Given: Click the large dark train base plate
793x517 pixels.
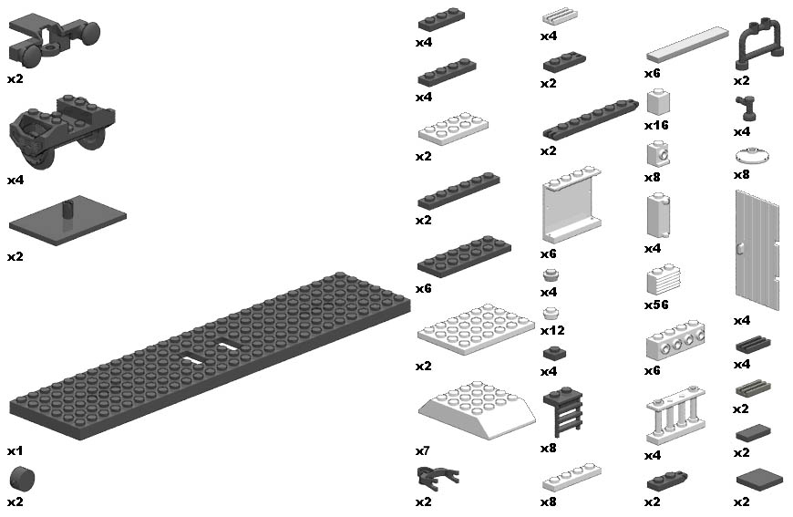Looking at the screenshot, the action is coord(210,357).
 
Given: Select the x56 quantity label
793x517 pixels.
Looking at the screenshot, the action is coord(656,305).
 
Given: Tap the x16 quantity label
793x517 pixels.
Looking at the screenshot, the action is coord(656,125).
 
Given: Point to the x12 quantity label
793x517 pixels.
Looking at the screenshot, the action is coord(552,330).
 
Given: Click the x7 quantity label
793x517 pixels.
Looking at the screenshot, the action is coord(423,450).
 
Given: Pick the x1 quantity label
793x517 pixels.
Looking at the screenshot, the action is coord(15,450).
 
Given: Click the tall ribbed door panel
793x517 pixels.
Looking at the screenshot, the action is coord(757,251).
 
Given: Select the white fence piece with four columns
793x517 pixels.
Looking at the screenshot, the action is coord(675,416).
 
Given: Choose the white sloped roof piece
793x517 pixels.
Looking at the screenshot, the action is coord(477,409).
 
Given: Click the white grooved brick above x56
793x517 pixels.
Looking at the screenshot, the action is coord(664,279).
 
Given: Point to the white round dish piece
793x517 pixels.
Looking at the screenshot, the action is coord(753,156).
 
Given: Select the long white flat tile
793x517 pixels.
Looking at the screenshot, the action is coord(688,46).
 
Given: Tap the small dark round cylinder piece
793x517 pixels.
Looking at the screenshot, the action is coord(22,479).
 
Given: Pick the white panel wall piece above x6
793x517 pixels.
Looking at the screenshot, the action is coord(572,205).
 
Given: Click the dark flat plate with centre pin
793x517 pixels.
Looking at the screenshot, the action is coord(67,221).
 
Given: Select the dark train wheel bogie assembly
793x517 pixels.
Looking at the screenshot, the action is coord(62,130).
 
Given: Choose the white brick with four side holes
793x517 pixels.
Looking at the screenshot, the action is coord(675,340).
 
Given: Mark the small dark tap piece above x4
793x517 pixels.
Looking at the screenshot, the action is coord(746,108).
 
